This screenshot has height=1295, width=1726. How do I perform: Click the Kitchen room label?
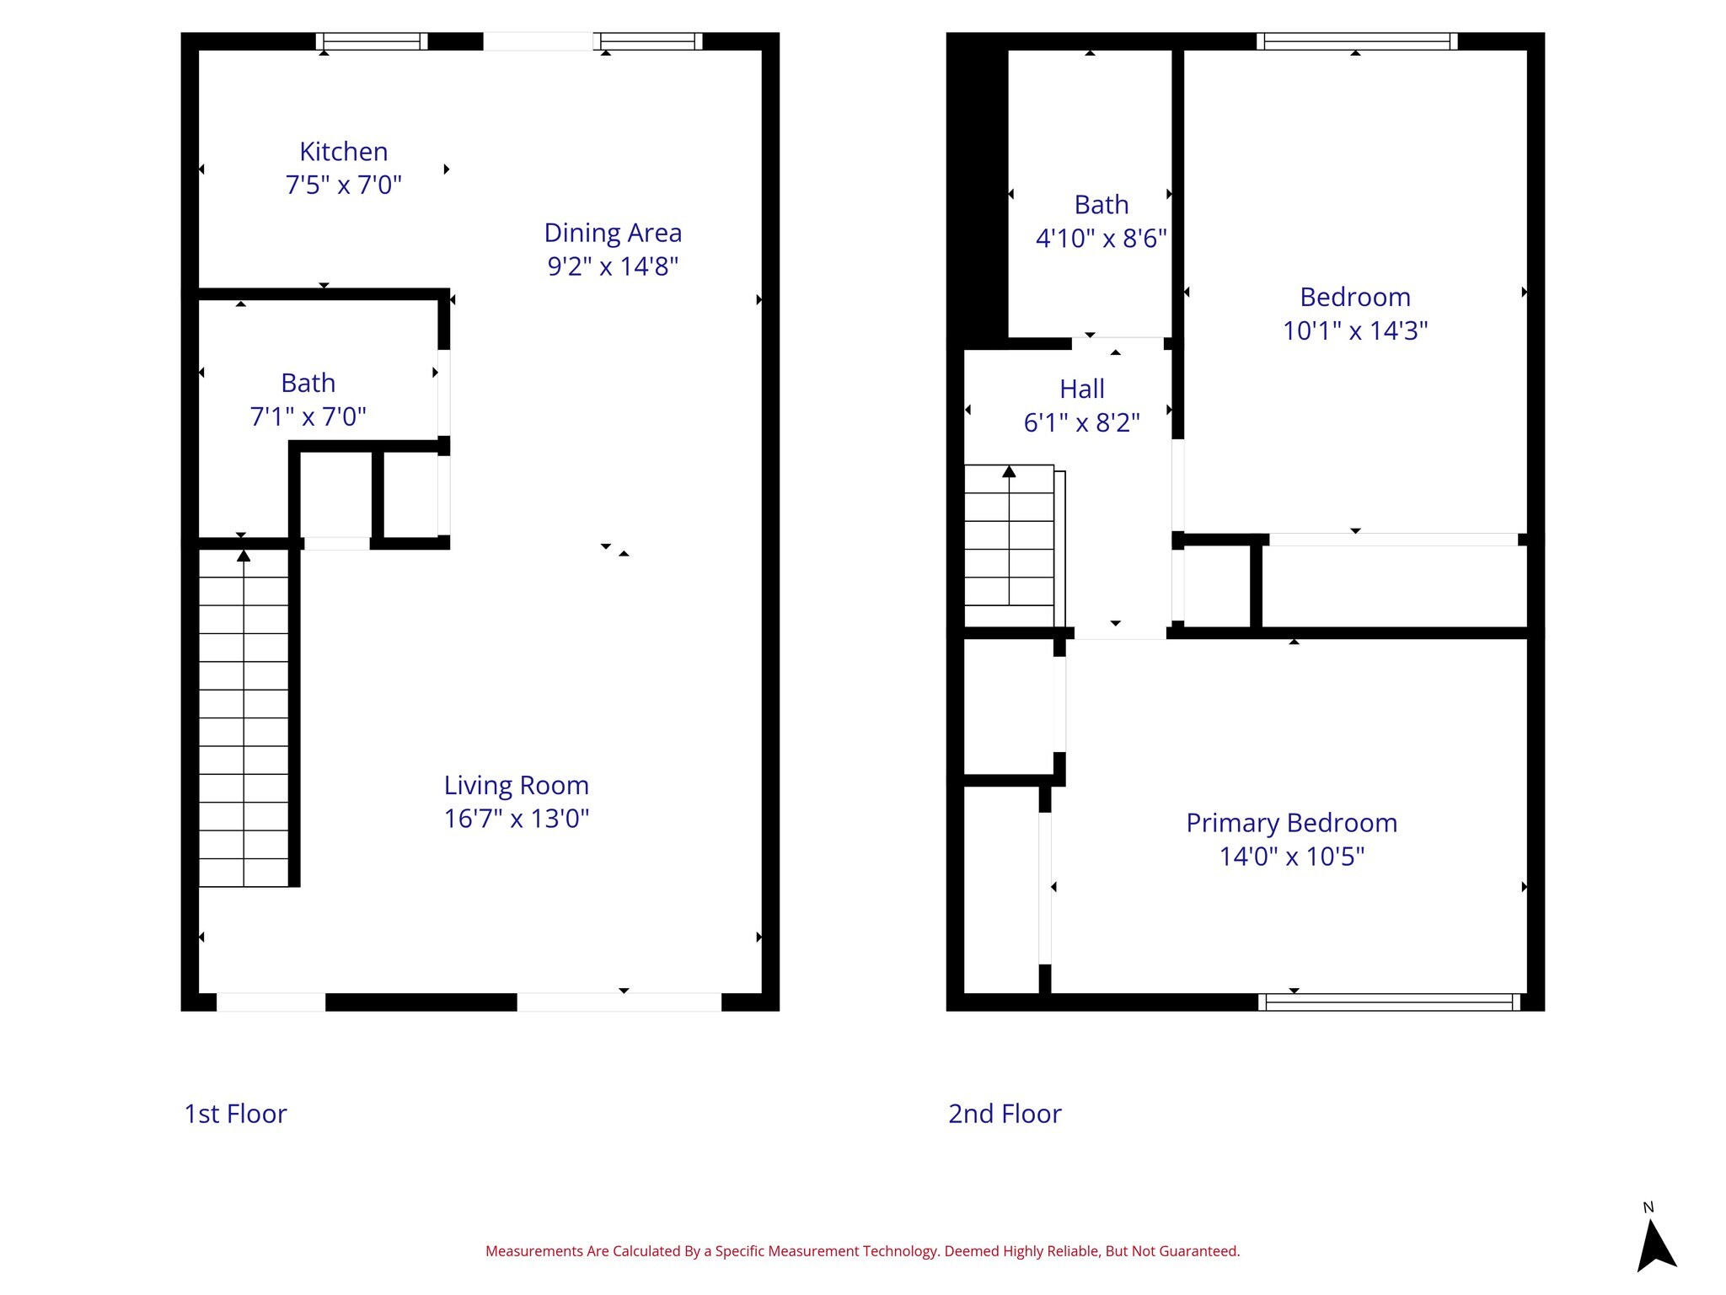[343, 152]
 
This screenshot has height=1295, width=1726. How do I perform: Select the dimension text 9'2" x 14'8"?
[613, 266]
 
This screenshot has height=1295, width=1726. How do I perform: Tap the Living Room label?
[516, 785]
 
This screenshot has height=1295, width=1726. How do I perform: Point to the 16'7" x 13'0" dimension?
[516, 819]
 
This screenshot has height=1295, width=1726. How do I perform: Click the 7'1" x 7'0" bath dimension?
[308, 416]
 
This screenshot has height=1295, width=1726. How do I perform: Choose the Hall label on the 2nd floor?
[1081, 389]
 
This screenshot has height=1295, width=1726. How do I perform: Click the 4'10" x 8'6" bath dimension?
[1101, 239]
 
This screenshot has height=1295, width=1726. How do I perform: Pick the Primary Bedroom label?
[1291, 823]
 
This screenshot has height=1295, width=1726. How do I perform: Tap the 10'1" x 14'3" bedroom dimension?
[1354, 330]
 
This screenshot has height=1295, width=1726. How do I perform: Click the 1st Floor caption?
[235, 1114]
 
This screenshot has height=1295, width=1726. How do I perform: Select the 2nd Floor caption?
[1005, 1114]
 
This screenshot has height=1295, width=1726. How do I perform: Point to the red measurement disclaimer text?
[862, 1251]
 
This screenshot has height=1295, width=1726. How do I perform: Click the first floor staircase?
[244, 717]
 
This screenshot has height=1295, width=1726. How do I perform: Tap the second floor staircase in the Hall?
[1009, 535]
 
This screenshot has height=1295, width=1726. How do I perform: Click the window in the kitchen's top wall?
[372, 41]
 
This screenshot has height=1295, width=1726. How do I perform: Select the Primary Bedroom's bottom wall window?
[1389, 1002]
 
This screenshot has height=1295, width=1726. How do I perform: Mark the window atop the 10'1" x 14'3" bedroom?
[1356, 41]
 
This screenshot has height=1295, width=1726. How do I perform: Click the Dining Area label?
[613, 233]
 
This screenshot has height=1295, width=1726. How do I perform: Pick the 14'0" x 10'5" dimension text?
[1291, 857]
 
